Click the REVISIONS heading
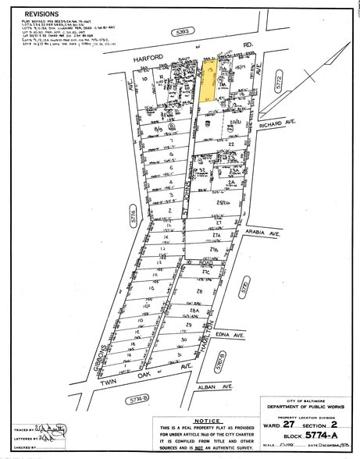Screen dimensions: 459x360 click(x=46, y=14)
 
